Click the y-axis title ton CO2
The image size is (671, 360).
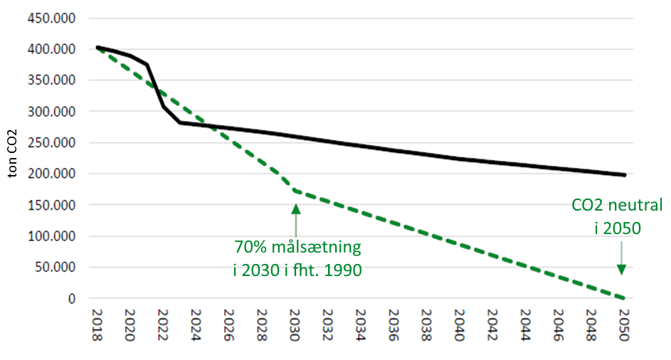[x=14, y=158]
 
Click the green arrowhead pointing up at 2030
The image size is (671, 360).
[x=295, y=208]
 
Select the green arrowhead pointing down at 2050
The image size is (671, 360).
[x=621, y=269]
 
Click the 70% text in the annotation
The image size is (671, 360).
[x=249, y=248]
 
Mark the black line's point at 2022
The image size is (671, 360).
[x=163, y=107]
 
